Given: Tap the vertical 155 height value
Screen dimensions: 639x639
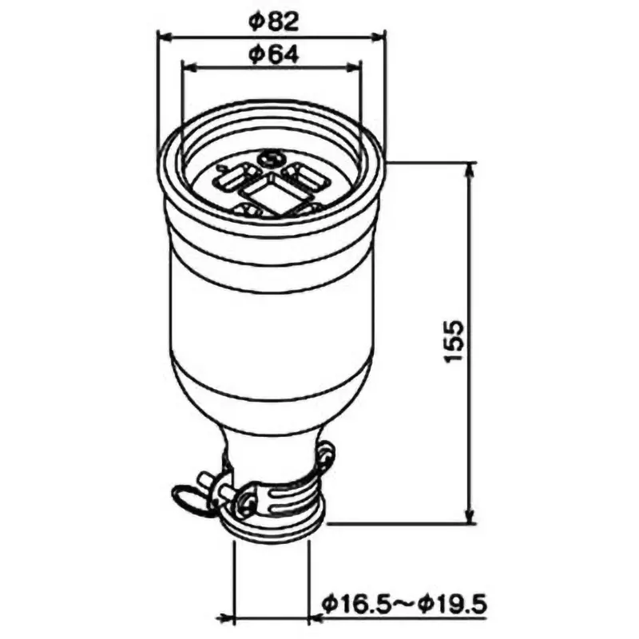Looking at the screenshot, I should [452, 342].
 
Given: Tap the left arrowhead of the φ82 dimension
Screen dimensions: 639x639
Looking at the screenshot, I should [163, 34].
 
